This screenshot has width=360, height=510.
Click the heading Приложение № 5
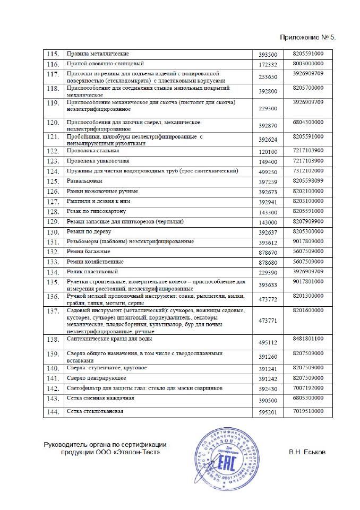308,38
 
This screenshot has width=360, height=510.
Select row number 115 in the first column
53,54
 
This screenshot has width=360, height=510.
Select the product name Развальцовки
84,181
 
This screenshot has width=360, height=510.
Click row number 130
53,232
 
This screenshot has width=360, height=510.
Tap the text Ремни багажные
88,251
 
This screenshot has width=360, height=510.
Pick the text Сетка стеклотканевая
95,411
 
